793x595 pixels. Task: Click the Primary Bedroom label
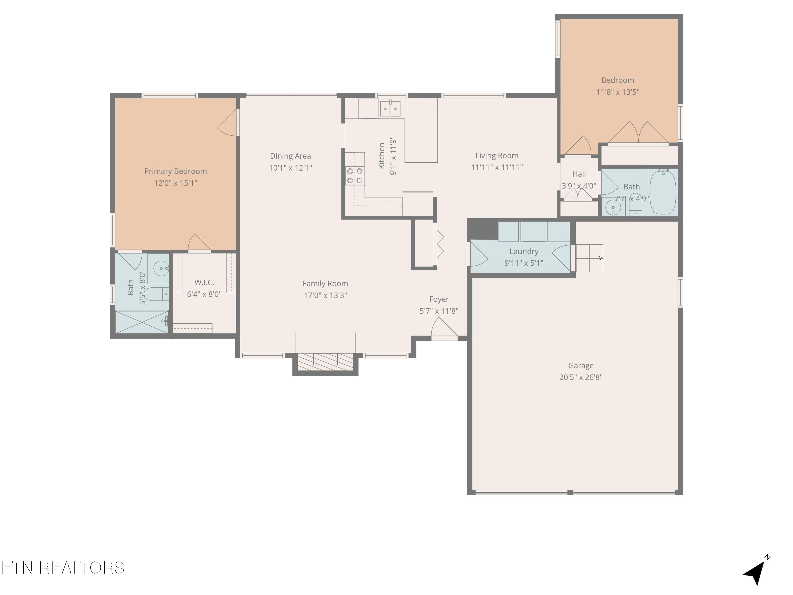175,171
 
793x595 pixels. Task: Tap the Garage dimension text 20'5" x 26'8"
581,377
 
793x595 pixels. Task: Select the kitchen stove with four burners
354,176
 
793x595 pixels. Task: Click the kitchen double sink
390,109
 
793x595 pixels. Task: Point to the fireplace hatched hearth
325,362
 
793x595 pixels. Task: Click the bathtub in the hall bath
663,192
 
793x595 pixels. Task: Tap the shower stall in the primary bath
142,322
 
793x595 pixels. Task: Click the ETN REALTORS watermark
63,568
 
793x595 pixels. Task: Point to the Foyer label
439,299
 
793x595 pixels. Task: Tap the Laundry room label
524,251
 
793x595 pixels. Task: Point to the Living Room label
497,156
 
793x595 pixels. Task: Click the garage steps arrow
590,258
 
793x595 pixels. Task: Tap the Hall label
579,174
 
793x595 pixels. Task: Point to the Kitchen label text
381,156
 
